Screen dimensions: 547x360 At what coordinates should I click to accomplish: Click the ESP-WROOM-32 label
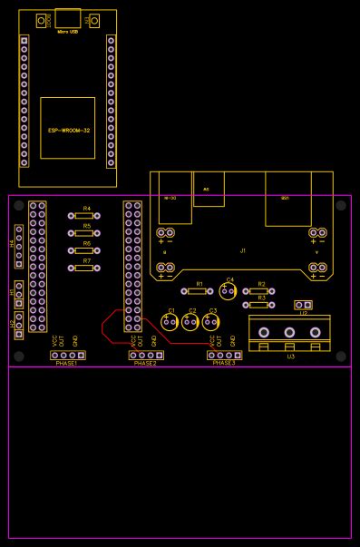(68, 131)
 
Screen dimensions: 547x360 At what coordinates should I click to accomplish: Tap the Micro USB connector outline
(67, 19)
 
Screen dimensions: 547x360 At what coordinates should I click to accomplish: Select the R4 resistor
(84, 216)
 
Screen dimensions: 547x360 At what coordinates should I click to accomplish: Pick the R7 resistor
(84, 268)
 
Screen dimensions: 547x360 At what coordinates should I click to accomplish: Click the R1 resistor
(199, 290)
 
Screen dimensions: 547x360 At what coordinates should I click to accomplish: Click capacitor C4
(229, 290)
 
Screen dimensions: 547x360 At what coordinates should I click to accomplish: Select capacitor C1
(170, 320)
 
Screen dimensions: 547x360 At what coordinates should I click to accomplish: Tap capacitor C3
(212, 320)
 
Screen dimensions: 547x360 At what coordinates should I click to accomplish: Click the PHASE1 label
(67, 363)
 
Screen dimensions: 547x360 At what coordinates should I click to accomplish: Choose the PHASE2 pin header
(145, 355)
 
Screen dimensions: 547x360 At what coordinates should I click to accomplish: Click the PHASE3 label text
(223, 363)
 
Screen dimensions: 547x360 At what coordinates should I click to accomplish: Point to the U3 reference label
(290, 357)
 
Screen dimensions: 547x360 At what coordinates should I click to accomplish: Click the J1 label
(242, 249)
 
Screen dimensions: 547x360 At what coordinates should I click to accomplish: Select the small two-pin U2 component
(303, 305)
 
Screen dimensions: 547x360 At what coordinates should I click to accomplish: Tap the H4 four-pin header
(19, 246)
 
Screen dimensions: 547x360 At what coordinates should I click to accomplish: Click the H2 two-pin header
(19, 324)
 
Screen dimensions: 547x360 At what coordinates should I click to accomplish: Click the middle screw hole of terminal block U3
(289, 333)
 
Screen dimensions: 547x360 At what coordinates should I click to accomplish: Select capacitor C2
(191, 320)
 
